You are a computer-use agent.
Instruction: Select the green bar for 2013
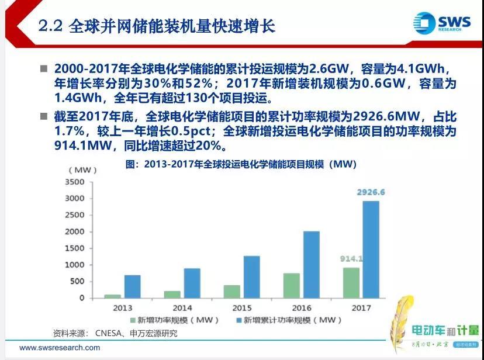point(112,296)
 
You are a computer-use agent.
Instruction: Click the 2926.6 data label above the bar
point(371,192)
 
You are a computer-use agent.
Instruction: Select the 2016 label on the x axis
point(302,308)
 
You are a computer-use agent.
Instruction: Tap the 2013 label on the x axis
point(122,308)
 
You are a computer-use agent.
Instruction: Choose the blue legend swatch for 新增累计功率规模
point(237,320)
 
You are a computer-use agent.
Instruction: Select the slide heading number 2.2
point(51,26)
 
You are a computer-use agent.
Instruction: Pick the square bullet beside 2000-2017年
point(43,69)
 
